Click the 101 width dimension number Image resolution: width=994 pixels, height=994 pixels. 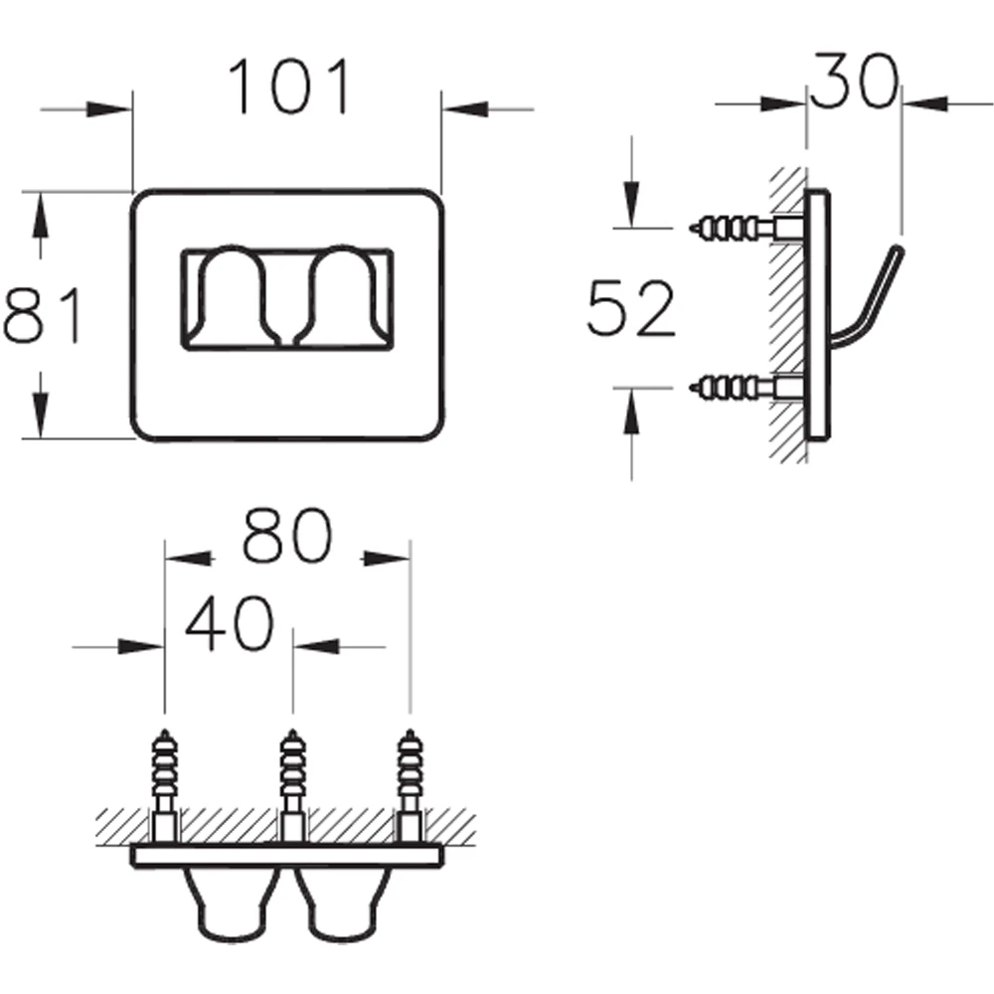click(x=289, y=86)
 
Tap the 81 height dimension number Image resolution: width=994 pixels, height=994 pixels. click(x=43, y=315)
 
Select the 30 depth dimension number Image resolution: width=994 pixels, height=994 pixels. click(x=855, y=81)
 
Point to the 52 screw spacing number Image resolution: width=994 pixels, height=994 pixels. click(x=631, y=309)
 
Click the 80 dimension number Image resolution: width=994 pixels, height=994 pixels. click(x=287, y=536)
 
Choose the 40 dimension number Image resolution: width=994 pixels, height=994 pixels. click(x=231, y=624)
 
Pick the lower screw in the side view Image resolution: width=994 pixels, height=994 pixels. click(x=748, y=388)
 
